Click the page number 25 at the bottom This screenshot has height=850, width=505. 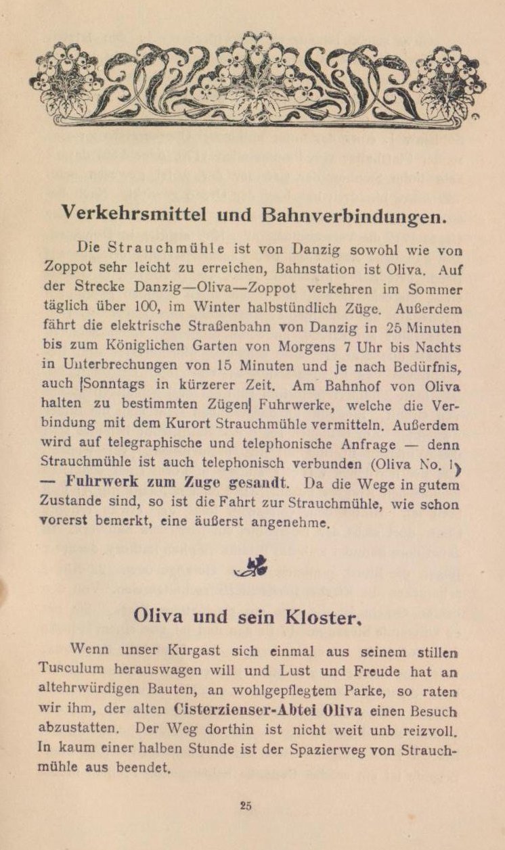pyautogui.click(x=246, y=805)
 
